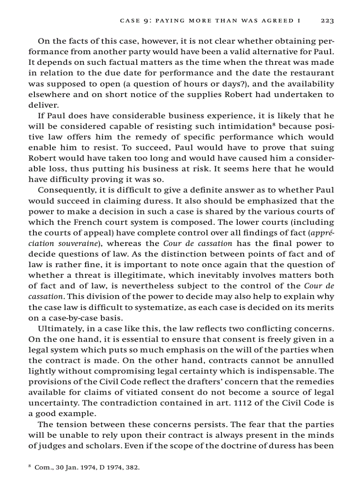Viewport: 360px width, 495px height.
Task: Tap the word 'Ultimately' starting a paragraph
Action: coord(57,328)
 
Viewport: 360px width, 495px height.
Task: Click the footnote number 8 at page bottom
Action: coord(30,465)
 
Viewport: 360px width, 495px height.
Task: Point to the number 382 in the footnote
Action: coord(132,467)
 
